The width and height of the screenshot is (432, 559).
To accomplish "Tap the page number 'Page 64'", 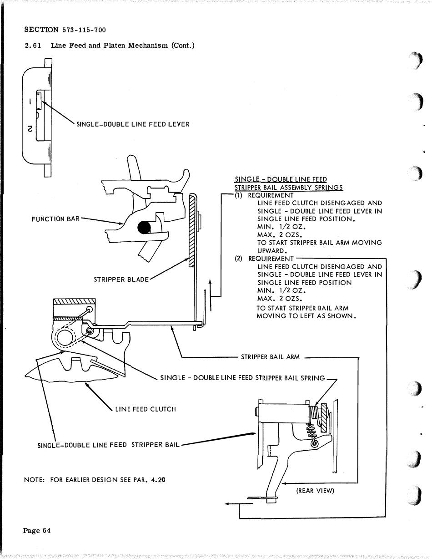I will [x=37, y=530].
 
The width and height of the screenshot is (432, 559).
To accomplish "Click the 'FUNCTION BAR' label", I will [x=55, y=219].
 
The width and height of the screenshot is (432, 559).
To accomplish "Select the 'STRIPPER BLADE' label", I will [x=121, y=279].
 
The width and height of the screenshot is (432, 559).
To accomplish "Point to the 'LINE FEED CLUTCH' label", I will [x=146, y=409].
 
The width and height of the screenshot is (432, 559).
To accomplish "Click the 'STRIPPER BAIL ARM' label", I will [x=270, y=357].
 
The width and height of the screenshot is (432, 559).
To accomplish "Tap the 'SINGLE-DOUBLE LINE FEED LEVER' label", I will [x=133, y=124].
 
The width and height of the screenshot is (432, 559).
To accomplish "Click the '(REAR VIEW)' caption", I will [x=315, y=490].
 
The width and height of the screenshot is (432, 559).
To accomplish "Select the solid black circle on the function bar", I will [x=145, y=227].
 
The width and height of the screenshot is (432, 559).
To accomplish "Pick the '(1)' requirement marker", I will [x=239, y=195].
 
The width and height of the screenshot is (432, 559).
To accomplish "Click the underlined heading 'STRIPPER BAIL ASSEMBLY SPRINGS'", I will [x=288, y=187].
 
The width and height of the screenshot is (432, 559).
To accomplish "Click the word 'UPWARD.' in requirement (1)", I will [x=272, y=251].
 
